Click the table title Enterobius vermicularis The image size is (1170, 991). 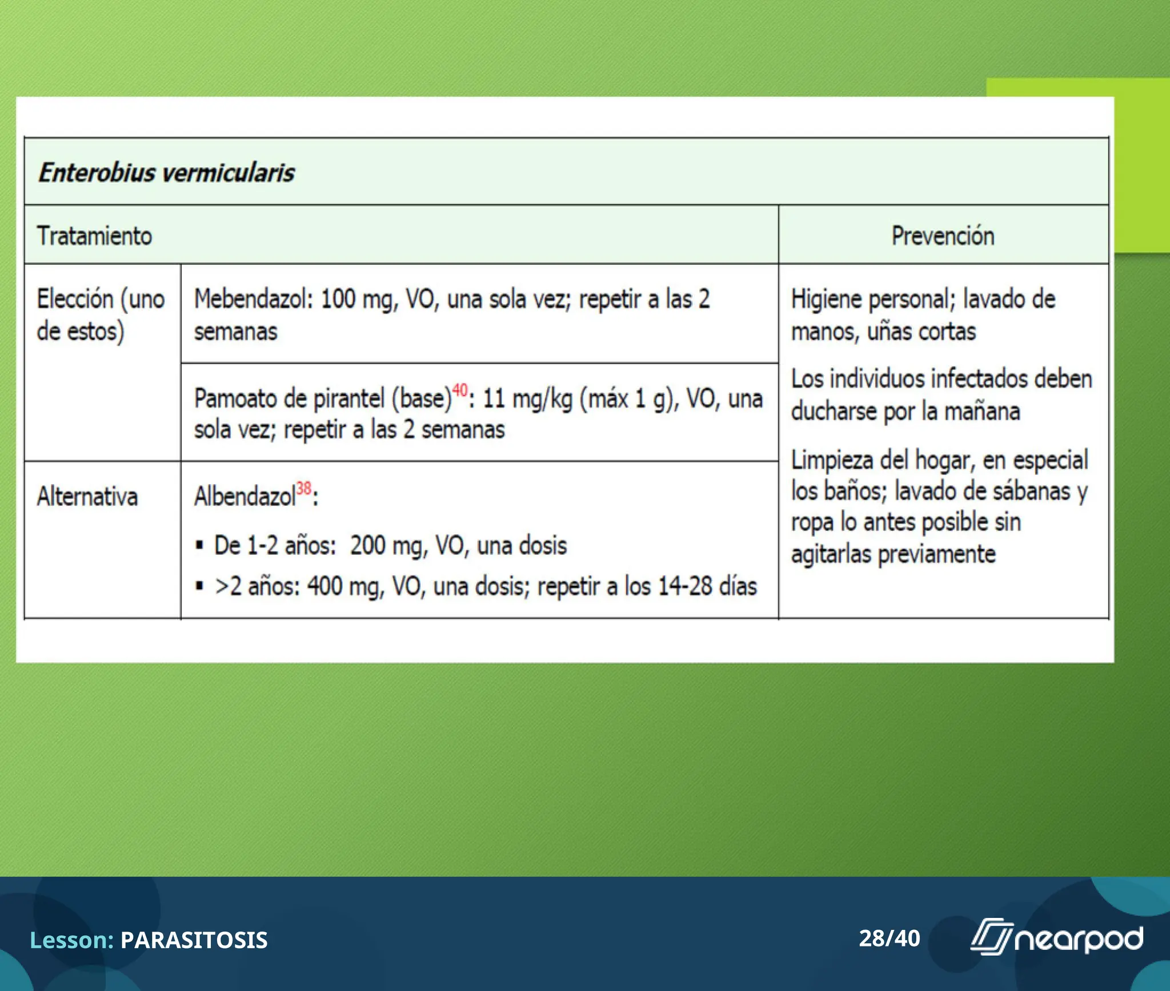pyautogui.click(x=166, y=172)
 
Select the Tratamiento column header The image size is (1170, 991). pyautogui.click(x=94, y=236)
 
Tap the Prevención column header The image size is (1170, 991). pyautogui.click(x=943, y=236)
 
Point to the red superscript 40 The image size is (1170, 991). pyautogui.click(x=459, y=390)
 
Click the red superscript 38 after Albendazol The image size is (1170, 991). pyautogui.click(x=304, y=489)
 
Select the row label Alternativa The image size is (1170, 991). pyautogui.click(x=87, y=497)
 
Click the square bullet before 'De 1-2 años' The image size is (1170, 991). pyautogui.click(x=199, y=545)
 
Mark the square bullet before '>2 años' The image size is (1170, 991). pyautogui.click(x=199, y=586)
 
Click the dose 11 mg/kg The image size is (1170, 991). pyautogui.click(x=527, y=399)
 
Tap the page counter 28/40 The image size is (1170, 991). pyautogui.click(x=889, y=938)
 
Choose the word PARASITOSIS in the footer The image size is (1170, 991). pyautogui.click(x=194, y=940)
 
